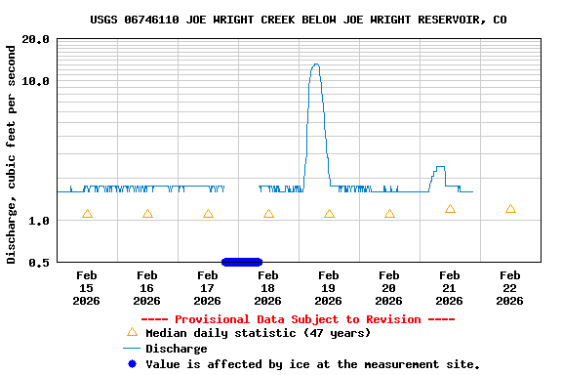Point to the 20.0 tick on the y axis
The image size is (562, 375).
coord(36,39)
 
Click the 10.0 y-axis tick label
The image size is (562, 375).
coord(36,81)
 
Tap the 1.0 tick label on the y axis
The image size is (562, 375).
coord(39,221)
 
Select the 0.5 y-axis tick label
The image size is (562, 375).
coord(39,262)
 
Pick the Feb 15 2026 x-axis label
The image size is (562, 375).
coord(86,288)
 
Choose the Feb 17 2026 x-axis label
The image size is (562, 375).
coord(207,288)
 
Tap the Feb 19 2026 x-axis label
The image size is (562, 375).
coord(328,288)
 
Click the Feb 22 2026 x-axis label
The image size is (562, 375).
coord(509,288)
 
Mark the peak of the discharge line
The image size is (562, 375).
coord(315,64)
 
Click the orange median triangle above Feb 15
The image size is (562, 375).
coord(87,214)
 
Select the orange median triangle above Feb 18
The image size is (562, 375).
coord(268,214)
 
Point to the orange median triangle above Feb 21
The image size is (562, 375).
coord(450,209)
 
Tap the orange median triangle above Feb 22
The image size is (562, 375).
coord(510,209)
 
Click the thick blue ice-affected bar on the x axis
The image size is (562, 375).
coord(242,262)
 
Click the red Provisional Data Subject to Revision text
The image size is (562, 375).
coord(298,319)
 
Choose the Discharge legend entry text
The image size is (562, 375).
coord(176,349)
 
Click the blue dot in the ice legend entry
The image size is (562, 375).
coord(132,364)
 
